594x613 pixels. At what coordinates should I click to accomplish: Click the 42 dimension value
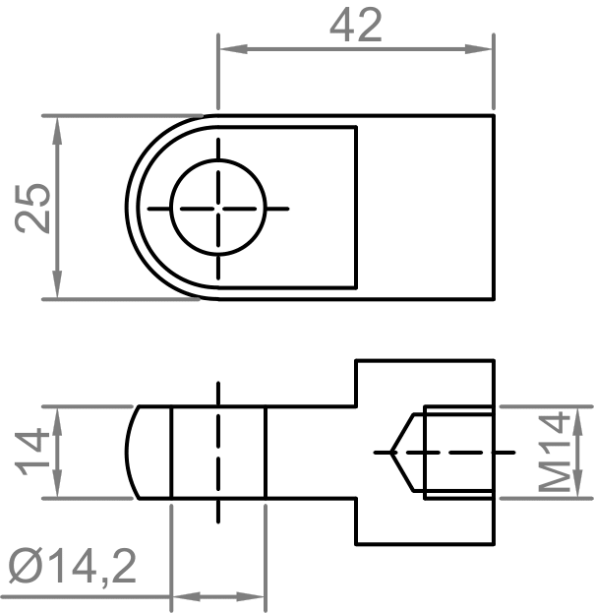coord(356,26)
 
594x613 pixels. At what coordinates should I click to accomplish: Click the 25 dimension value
coord(32,208)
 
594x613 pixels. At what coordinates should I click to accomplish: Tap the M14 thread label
coord(555,453)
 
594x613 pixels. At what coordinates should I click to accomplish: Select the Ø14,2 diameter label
coord(73,566)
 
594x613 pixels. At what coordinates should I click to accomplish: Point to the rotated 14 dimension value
coord(32,452)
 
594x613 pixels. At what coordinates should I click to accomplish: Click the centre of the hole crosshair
coord(218,209)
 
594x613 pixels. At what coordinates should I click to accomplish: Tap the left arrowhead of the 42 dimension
coord(233,49)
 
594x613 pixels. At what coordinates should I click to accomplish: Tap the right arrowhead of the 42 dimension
coord(478,49)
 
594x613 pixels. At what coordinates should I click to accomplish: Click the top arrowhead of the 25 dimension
coord(57,131)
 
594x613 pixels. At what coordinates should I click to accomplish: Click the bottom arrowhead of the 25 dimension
coord(57,284)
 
